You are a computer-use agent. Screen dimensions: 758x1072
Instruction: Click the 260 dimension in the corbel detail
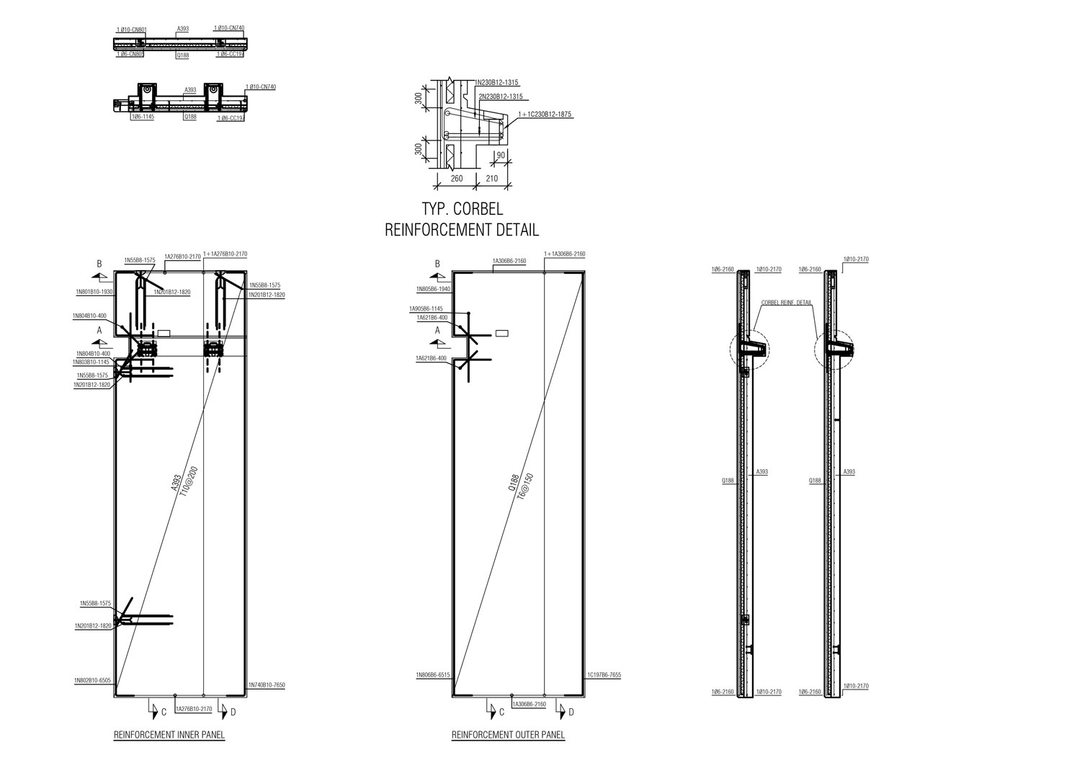[x=455, y=178]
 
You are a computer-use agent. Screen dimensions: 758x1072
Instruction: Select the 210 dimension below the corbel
[x=492, y=178]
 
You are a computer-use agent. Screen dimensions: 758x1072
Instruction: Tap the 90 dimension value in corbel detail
[x=500, y=155]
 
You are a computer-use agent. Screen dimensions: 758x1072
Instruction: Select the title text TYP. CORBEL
[x=462, y=210]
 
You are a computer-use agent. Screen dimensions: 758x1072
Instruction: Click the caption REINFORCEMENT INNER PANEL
[x=169, y=736]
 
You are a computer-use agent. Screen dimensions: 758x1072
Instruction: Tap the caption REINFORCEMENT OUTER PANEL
[x=508, y=736]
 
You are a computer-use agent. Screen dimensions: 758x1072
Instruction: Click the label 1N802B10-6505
[x=93, y=680]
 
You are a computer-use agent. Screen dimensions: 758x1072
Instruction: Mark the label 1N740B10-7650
[x=267, y=685]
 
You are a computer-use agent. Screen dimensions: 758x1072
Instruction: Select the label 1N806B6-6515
[x=432, y=675]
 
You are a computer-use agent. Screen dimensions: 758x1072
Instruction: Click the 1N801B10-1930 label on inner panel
[x=93, y=292]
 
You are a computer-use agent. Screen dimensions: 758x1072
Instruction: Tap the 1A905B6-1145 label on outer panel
[x=427, y=308]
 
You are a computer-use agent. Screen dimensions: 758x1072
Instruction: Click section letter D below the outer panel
[x=571, y=713]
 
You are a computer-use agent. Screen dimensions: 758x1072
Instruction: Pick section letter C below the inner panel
[x=164, y=713]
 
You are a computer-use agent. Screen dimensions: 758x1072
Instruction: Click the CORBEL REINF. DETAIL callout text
[x=786, y=303]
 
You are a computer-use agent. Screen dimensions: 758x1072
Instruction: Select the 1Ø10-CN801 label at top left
[x=131, y=30]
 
